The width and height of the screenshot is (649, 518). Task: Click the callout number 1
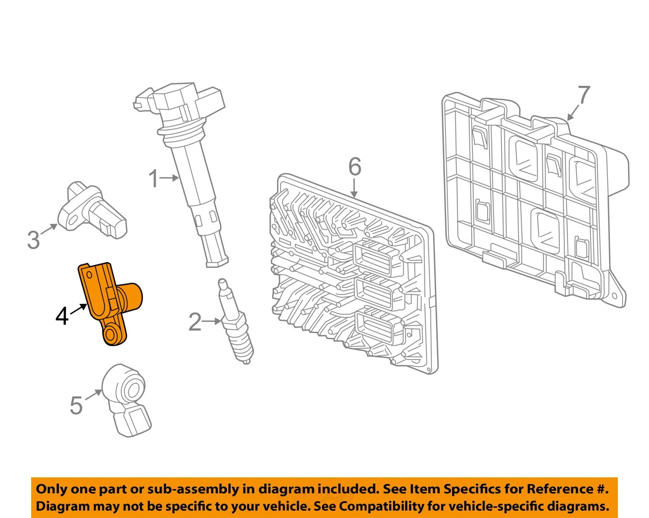pyautogui.click(x=154, y=178)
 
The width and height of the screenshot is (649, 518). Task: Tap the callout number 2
pyautogui.click(x=195, y=322)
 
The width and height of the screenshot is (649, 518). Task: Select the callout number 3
pyautogui.click(x=33, y=240)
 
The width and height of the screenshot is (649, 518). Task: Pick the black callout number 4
pyautogui.click(x=62, y=316)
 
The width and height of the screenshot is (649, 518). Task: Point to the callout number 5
pyautogui.click(x=76, y=405)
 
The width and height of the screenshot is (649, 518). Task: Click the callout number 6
pyautogui.click(x=354, y=167)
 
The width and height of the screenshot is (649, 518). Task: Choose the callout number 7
pyautogui.click(x=583, y=95)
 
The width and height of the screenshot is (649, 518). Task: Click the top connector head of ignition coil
pyautogui.click(x=180, y=102)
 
